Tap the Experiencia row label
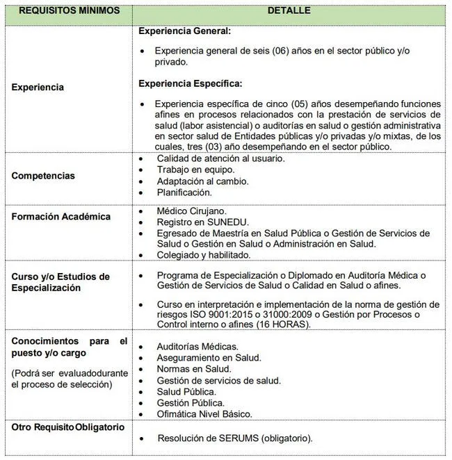(x=38, y=88)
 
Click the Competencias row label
(x=43, y=176)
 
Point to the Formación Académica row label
(x=61, y=216)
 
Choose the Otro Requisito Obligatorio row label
(x=67, y=427)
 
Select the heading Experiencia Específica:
(x=190, y=83)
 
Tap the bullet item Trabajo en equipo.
(x=195, y=170)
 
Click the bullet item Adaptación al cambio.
(x=202, y=181)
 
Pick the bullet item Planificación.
(x=184, y=192)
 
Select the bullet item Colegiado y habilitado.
(x=206, y=255)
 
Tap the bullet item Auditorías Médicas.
(x=197, y=346)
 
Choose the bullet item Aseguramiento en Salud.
(x=209, y=357)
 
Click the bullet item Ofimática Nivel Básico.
(x=204, y=414)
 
